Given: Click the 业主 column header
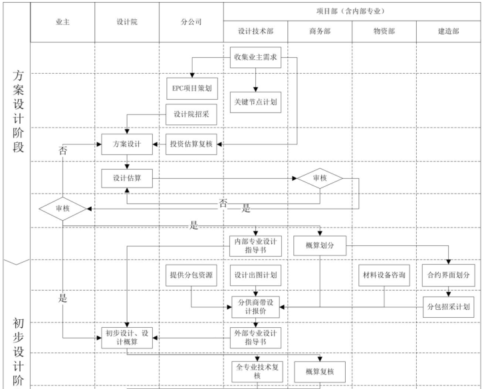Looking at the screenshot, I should point(62,21).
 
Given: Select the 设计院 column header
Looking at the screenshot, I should point(126,21).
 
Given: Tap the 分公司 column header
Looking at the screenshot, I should point(191,21).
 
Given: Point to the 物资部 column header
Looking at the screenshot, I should point(384,31).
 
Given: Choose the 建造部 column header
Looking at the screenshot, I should point(448,31).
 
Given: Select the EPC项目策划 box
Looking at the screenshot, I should point(191,88).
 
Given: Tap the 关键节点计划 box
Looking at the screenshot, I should point(255,102).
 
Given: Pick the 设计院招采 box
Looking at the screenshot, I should point(191,114).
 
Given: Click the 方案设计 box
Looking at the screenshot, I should point(126,144).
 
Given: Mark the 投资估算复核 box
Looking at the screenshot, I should point(191,144).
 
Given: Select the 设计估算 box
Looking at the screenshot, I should point(126,178).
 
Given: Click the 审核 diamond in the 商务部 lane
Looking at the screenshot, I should point(320,178).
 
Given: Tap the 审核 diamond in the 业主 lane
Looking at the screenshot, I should point(62,208).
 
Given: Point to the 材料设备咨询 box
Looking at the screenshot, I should point(384,275).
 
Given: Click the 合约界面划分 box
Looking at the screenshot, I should point(448,275).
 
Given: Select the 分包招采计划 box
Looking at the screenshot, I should point(448,307).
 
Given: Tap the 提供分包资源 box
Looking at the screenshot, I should point(191,275).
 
